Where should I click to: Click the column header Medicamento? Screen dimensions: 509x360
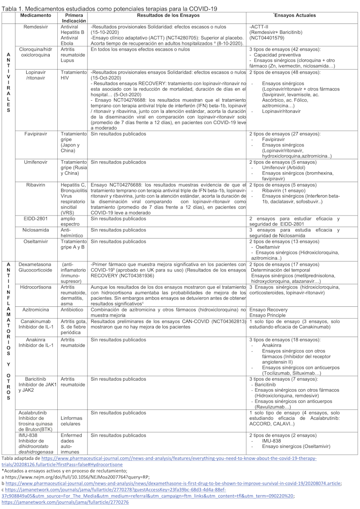point(36,16)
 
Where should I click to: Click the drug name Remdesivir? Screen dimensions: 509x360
point(36,27)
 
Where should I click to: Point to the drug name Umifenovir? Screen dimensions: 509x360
point(36,162)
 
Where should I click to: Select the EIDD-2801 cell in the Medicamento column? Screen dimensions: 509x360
point(36,218)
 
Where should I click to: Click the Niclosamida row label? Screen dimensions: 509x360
point(36,230)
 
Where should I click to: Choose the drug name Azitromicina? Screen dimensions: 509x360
point(36,310)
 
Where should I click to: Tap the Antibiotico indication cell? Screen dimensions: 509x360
point(72,310)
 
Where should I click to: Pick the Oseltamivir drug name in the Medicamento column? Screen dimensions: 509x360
point(36,241)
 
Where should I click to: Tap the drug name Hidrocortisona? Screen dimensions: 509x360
point(36,287)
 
